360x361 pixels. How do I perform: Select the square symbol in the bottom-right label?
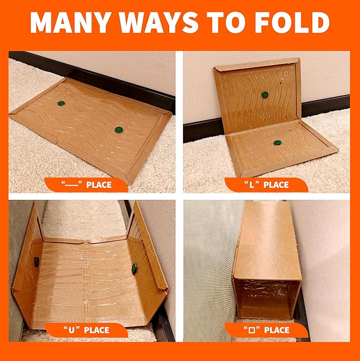[246, 330]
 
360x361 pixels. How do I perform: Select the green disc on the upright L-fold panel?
[265, 95]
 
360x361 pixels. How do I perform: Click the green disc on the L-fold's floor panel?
[277, 143]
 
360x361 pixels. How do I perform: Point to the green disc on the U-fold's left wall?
[37, 261]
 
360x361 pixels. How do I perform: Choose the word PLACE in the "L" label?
[276, 185]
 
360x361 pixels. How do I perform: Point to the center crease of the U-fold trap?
[86, 276]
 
